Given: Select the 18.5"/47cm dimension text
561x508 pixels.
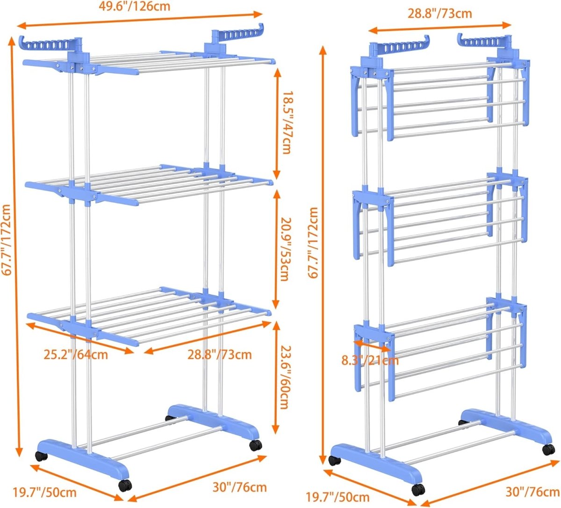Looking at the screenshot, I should [286, 123].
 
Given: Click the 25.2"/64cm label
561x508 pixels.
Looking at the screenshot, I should [76, 354].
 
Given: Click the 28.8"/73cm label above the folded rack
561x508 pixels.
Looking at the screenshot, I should [440, 14].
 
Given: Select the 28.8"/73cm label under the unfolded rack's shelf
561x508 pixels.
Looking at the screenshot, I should [220, 355].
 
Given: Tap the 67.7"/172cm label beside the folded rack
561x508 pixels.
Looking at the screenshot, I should [313, 243].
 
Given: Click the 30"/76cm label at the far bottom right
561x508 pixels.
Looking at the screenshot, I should [532, 492].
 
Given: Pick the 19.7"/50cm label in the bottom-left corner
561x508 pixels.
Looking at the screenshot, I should [44, 493].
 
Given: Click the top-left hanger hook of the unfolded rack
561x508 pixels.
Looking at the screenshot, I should [44, 44].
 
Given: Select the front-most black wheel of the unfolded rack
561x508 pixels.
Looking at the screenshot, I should [123, 486].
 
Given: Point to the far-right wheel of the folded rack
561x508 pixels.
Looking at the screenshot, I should [548, 449].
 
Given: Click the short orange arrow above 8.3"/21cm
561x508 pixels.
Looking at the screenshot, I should [372, 346].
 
